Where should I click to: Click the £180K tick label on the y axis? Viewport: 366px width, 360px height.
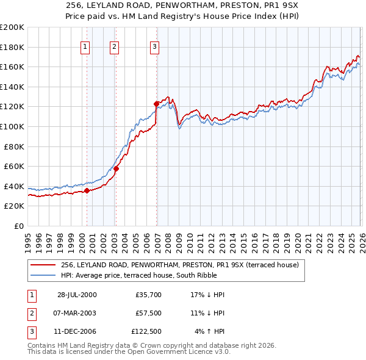12,47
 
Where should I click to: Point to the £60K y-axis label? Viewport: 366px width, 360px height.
14,166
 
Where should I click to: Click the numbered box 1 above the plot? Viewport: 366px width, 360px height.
85,46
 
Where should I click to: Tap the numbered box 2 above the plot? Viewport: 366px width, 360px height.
115,46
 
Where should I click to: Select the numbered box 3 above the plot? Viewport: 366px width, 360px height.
155,46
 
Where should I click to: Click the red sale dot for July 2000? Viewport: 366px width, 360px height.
87,190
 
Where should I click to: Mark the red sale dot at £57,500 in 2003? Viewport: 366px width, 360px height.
116,168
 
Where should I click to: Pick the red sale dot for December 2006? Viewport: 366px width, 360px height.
157,104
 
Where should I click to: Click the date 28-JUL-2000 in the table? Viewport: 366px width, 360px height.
77,294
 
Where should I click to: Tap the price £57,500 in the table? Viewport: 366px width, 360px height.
148,313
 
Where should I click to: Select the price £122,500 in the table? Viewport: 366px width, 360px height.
146,332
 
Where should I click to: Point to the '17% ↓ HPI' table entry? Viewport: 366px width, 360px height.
207,294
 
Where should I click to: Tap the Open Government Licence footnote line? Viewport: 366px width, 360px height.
129,352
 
